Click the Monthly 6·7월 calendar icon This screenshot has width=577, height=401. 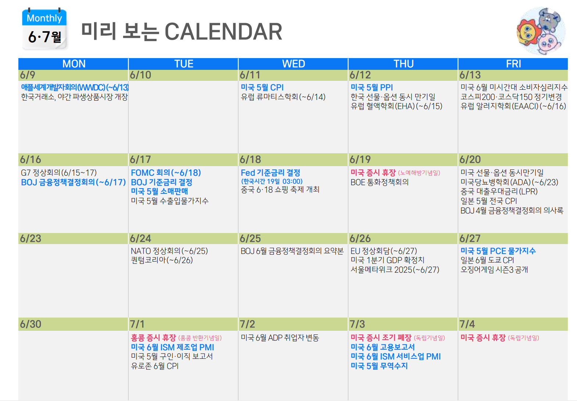[x=44, y=29]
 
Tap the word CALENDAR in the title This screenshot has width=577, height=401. [x=223, y=32]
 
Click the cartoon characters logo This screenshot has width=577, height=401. [x=541, y=31]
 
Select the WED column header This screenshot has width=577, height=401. [x=293, y=64]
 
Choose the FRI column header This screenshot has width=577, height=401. [x=513, y=64]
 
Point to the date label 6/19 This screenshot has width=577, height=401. [x=360, y=160]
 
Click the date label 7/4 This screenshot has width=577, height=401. [x=467, y=324]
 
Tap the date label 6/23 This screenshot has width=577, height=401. [x=31, y=239]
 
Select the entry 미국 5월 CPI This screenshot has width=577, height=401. [x=262, y=87]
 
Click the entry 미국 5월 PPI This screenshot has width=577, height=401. [x=372, y=87]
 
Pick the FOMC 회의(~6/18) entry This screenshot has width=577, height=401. [x=166, y=172]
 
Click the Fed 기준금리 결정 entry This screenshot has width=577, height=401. [x=270, y=172]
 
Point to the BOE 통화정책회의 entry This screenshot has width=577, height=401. [x=379, y=182]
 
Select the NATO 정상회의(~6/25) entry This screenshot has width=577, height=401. [x=169, y=251]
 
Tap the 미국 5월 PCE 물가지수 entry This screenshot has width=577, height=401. [x=498, y=251]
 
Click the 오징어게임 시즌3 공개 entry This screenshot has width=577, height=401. [x=494, y=269]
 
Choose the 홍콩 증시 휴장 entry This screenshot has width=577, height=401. [x=153, y=337]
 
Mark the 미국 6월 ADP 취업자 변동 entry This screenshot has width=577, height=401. [x=280, y=337]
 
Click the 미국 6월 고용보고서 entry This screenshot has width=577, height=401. [x=383, y=347]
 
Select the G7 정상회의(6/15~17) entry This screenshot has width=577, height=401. [x=59, y=172]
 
